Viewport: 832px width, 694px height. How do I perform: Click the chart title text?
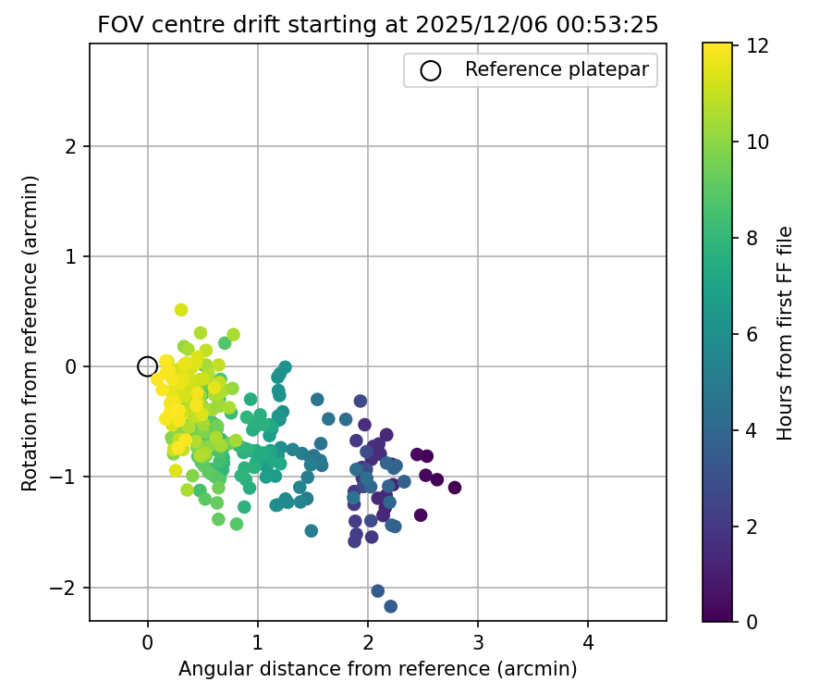click(x=378, y=25)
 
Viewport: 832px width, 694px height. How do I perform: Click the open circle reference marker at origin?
click(x=147, y=366)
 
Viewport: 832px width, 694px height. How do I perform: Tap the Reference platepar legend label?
click(x=556, y=69)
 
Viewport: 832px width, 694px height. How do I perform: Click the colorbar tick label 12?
click(x=759, y=44)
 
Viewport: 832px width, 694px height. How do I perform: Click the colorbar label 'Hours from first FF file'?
click(x=785, y=332)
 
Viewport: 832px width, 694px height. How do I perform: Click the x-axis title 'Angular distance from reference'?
click(x=377, y=668)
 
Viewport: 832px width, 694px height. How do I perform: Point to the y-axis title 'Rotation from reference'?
click(x=30, y=332)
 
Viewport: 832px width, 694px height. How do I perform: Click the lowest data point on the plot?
click(x=390, y=606)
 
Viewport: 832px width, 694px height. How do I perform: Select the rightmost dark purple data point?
click(x=454, y=488)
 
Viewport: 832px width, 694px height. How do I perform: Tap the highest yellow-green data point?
click(x=181, y=310)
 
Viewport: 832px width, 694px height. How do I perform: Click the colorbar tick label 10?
click(x=759, y=141)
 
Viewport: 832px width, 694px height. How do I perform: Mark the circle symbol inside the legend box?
click(x=431, y=70)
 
